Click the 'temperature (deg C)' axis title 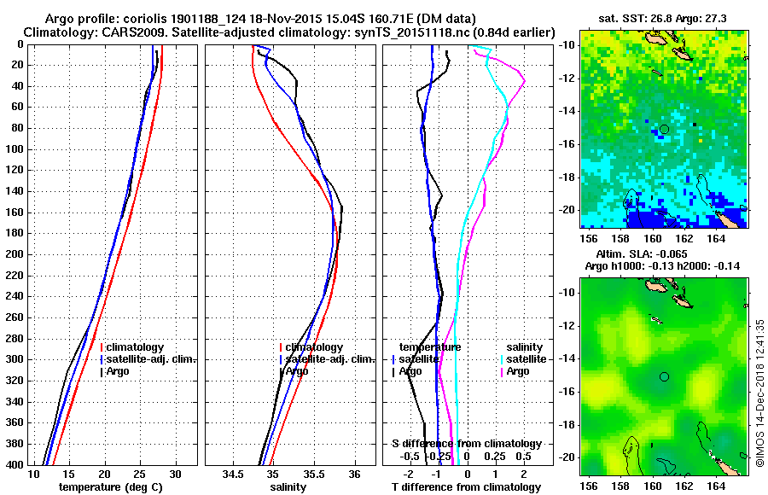[110, 487]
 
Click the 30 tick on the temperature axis [175, 474]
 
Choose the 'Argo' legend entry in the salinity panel [296, 371]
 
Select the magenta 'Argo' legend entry [518, 371]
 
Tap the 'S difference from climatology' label [466, 444]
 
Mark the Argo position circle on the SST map [664, 129]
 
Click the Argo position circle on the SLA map [664, 376]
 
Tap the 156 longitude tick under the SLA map [589, 484]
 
